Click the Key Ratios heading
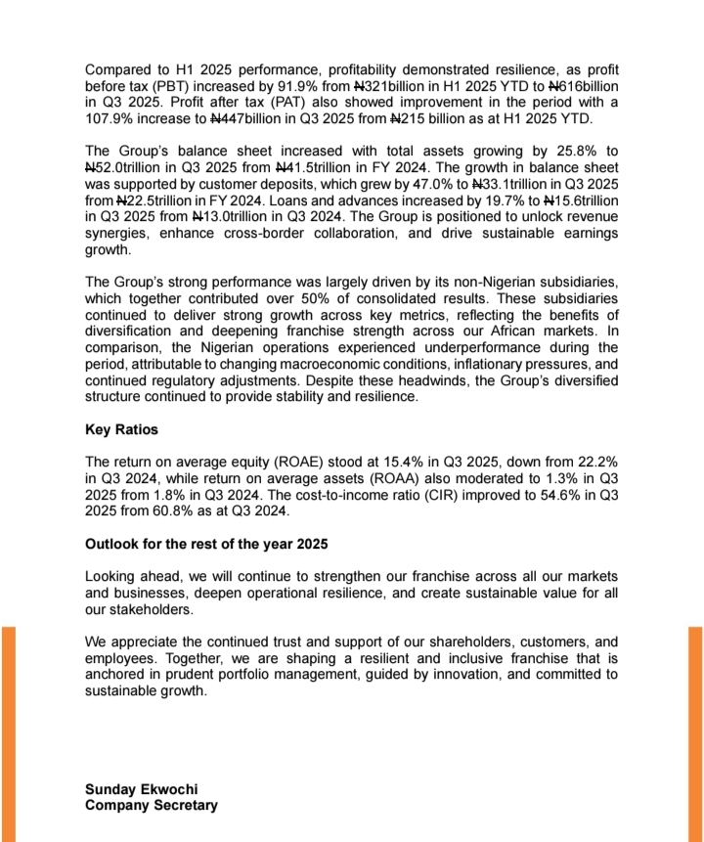coord(122,430)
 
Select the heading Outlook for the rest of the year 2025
coord(206,544)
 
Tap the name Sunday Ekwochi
coord(134,789)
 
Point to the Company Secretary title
coord(152,806)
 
